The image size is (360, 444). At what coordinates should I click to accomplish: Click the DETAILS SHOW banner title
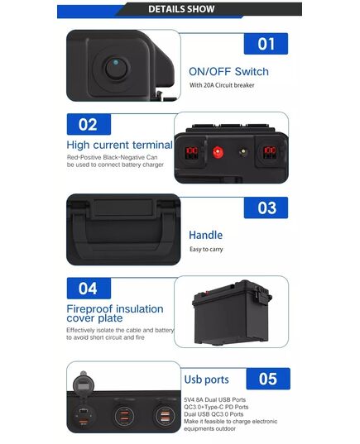tap(181, 9)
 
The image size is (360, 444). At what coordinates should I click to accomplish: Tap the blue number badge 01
tap(266, 44)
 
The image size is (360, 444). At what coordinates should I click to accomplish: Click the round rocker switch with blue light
tap(118, 69)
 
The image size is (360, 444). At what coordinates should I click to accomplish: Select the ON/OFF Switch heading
tap(228, 72)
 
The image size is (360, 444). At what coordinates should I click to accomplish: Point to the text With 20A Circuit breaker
tap(222, 85)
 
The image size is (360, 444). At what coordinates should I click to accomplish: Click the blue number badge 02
tap(89, 124)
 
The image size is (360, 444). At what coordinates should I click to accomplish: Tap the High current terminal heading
tap(120, 145)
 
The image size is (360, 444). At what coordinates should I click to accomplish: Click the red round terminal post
tap(218, 152)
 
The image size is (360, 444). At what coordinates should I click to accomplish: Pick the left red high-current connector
tap(192, 153)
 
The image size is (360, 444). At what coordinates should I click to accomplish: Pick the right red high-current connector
tap(270, 153)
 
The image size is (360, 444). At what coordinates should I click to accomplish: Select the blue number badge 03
tap(266, 208)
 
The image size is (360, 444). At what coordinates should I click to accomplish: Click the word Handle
tap(206, 235)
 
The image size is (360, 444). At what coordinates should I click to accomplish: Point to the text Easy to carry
tap(206, 249)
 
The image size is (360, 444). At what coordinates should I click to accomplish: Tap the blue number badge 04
tap(89, 289)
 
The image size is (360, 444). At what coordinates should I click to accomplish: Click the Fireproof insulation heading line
tap(115, 309)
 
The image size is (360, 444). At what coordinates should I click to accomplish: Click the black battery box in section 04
tap(232, 313)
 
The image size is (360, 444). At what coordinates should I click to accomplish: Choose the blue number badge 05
tap(268, 379)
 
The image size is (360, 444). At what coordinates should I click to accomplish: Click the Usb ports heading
tap(206, 380)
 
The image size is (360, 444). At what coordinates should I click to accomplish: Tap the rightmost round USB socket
tap(166, 415)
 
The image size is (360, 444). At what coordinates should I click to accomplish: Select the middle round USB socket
tap(124, 416)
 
